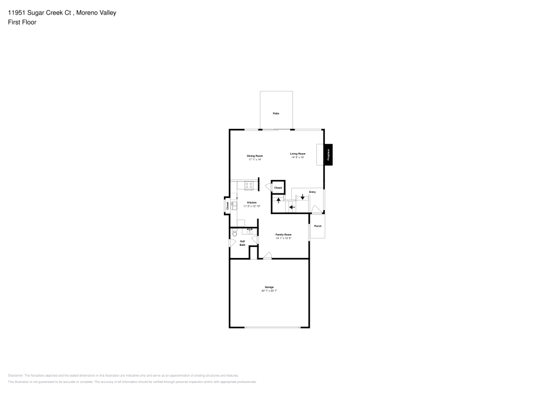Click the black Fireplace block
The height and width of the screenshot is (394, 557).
[x=329, y=154]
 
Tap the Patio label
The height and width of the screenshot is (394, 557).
[x=276, y=114]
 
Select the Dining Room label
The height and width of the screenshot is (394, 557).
[x=255, y=155]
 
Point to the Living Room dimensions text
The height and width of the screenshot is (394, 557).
[x=297, y=158]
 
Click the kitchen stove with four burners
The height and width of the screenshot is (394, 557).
[x=250, y=185]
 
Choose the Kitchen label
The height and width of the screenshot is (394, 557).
[x=252, y=202]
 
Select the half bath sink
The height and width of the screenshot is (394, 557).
[x=250, y=231]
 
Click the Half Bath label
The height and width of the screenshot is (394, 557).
[x=242, y=243]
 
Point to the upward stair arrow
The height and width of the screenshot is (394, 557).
[x=278, y=200]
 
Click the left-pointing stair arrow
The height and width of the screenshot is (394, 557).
[x=292, y=207]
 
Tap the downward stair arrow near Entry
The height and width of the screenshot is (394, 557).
[x=302, y=196]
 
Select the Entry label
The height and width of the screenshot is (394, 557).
[x=312, y=192]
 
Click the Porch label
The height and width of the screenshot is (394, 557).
[x=318, y=226]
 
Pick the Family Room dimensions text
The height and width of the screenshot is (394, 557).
[x=284, y=239]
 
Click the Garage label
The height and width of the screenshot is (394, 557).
[x=269, y=287]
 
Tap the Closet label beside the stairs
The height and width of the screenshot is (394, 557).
[x=278, y=188]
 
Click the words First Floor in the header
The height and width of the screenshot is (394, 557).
[x=22, y=22]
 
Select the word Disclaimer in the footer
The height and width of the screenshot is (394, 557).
[x=16, y=376]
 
